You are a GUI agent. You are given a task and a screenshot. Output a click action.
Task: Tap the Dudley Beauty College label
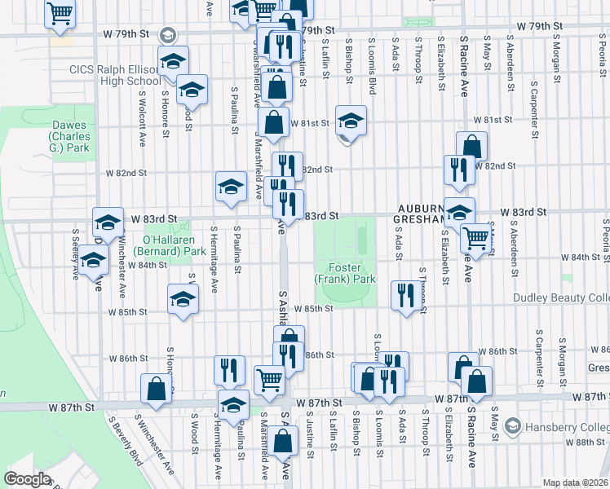[x=561, y=298]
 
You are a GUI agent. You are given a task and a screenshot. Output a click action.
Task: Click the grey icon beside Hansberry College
[x=512, y=425]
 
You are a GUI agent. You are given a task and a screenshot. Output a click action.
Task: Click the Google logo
[x=27, y=478]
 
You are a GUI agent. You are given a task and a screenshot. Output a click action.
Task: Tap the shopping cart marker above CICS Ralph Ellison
[x=60, y=15]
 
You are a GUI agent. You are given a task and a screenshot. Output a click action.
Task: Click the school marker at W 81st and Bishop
[x=351, y=121]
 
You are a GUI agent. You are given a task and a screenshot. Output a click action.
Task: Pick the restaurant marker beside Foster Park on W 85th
[x=404, y=295]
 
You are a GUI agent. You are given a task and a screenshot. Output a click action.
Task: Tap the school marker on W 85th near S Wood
[x=183, y=298]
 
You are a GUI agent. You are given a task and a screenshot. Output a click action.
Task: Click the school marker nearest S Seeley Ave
[x=93, y=261]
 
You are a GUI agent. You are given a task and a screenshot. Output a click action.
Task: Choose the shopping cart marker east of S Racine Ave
[x=475, y=239]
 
